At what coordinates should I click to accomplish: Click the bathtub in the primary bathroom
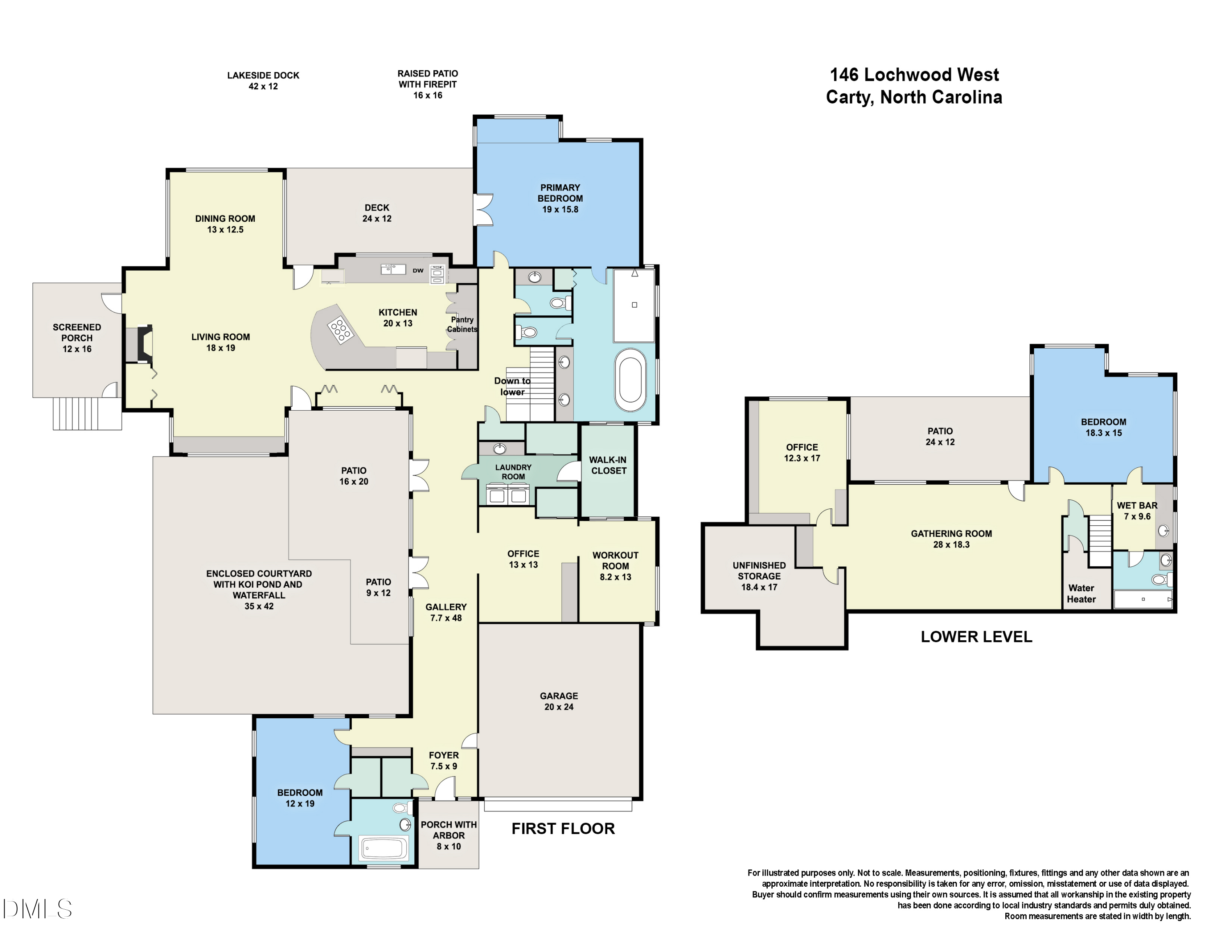pyautogui.click(x=630, y=380)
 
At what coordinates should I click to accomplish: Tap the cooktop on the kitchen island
pyautogui.click(x=341, y=331)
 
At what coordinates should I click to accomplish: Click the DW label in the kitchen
pyautogui.click(x=418, y=271)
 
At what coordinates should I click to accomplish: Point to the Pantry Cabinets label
pyautogui.click(x=462, y=324)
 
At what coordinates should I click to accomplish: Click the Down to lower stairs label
pyautogui.click(x=513, y=386)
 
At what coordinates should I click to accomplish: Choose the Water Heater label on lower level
pyautogui.click(x=1081, y=593)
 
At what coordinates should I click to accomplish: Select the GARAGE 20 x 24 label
pyautogui.click(x=558, y=701)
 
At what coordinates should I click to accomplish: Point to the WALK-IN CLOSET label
pyautogui.click(x=608, y=465)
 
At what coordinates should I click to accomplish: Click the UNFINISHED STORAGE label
pyautogui.click(x=759, y=576)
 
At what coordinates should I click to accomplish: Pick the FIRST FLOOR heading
pyautogui.click(x=563, y=828)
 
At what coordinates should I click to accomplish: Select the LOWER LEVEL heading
pyautogui.click(x=976, y=637)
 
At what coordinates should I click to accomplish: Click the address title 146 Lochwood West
pyautogui.click(x=914, y=74)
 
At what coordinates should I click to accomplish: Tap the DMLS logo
pyautogui.click(x=37, y=908)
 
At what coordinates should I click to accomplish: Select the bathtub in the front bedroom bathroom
pyautogui.click(x=383, y=848)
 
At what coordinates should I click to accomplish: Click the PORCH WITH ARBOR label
pyautogui.click(x=448, y=835)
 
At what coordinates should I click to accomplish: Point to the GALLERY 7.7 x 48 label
pyautogui.click(x=446, y=612)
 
